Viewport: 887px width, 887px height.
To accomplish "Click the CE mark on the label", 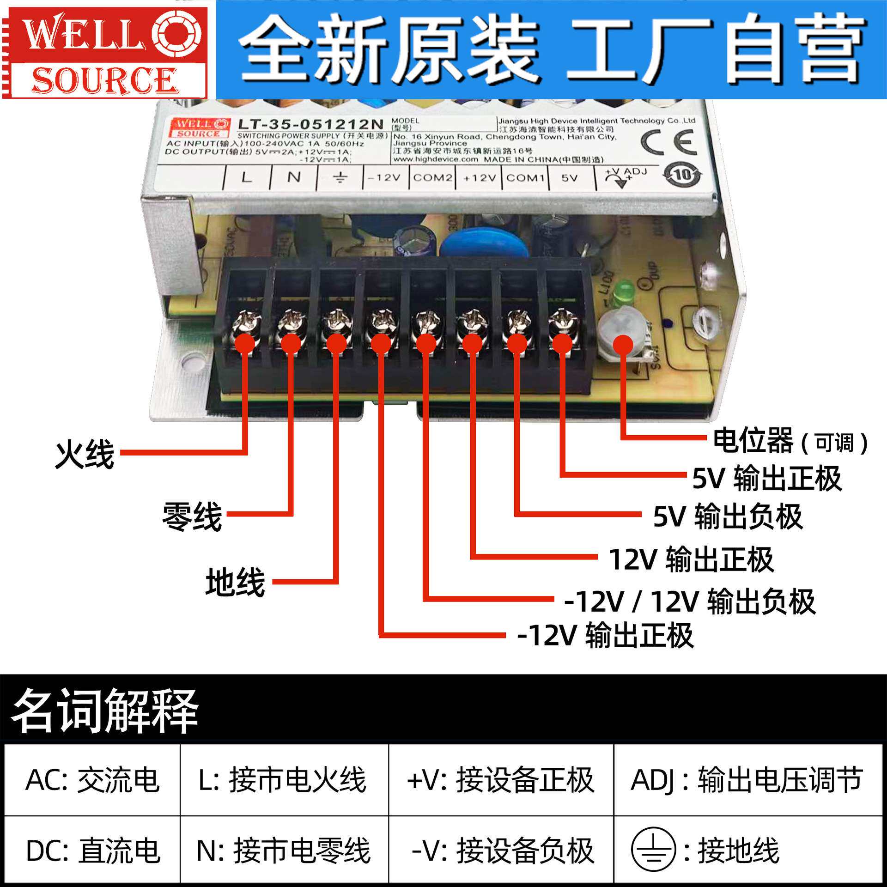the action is [x=668, y=142].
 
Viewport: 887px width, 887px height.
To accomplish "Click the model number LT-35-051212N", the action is [x=310, y=124].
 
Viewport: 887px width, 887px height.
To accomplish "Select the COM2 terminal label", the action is [x=432, y=178].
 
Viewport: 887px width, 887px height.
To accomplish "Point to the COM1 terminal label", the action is [x=525, y=178].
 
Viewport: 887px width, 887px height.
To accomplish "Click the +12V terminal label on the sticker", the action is [x=479, y=178].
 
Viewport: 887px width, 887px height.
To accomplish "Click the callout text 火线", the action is [x=85, y=455].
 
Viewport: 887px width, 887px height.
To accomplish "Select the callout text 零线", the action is [x=192, y=516].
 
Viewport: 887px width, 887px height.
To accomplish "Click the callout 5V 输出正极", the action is [x=766, y=479].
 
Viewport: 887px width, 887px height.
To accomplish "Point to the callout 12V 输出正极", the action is [x=691, y=559].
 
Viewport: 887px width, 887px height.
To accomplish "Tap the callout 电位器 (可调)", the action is [x=790, y=441].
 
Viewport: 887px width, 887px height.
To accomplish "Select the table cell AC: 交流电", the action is [x=92, y=780].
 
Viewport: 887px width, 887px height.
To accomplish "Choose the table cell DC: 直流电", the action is [x=92, y=851].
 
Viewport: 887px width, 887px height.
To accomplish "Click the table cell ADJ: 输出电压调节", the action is [x=746, y=780].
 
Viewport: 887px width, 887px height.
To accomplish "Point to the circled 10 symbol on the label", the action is [x=683, y=175].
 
